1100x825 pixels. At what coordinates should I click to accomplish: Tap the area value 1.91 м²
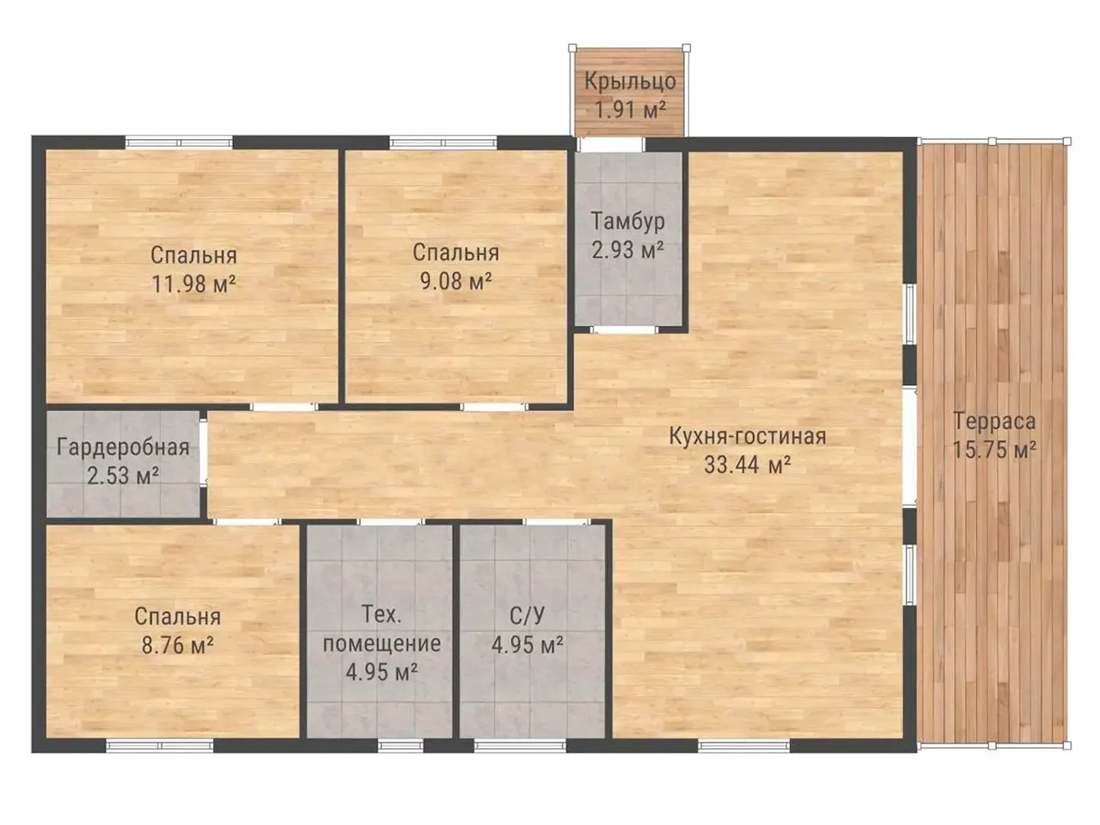(x=630, y=110)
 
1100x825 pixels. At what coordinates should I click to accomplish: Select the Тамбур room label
(x=627, y=222)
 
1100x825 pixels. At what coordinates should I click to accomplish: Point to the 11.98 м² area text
(x=193, y=284)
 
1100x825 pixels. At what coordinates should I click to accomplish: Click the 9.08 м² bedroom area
(x=455, y=281)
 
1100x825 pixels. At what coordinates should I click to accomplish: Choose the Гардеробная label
(x=123, y=448)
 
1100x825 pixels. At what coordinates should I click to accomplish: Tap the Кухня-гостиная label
(x=747, y=436)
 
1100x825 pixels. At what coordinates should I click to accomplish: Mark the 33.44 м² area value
(x=747, y=464)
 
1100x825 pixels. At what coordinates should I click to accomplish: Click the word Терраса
(x=994, y=421)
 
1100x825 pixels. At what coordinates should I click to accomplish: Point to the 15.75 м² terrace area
(x=994, y=449)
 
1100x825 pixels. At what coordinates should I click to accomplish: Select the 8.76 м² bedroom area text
(x=177, y=645)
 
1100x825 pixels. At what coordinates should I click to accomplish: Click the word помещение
(x=381, y=644)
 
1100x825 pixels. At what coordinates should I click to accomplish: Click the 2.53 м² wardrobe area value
(x=123, y=475)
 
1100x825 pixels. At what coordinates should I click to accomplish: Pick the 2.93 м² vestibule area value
(x=627, y=250)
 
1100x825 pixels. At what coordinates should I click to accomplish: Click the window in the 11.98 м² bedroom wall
(x=179, y=143)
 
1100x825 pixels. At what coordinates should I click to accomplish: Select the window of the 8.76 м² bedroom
(x=160, y=746)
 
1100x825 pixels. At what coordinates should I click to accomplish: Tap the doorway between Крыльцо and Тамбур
(x=611, y=144)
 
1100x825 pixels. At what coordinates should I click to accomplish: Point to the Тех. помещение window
(x=400, y=746)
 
